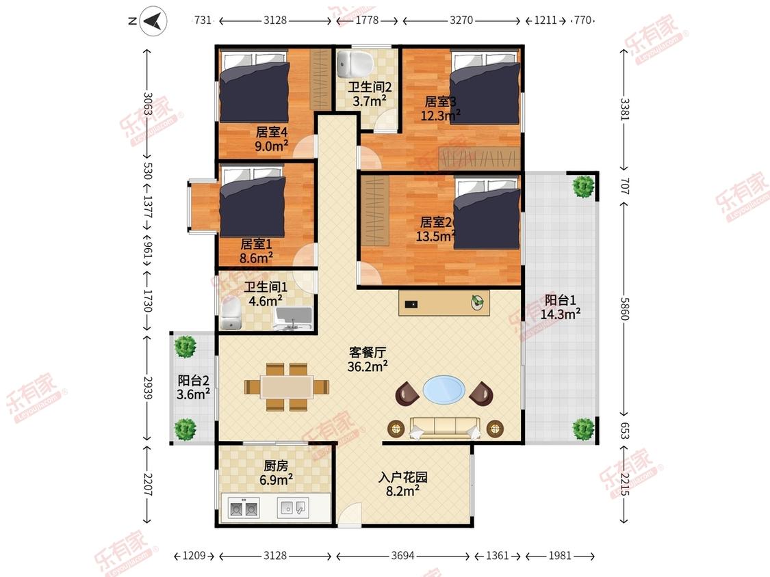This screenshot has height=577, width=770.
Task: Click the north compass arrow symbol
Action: point(153,21)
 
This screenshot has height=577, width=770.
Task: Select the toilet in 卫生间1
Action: point(230,314)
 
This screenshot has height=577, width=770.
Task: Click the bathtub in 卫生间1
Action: point(294,319)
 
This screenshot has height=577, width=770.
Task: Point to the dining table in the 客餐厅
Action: point(287,387)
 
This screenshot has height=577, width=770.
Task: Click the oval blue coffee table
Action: point(444,390)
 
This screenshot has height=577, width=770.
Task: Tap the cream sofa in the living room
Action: point(445,428)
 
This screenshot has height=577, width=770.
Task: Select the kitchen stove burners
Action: point(244,509)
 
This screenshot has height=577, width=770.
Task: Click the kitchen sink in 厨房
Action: point(293,507)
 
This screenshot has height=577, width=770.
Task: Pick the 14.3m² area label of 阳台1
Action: point(561,314)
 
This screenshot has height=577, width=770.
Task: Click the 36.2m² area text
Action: point(368,366)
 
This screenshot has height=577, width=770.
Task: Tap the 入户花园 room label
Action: point(402,477)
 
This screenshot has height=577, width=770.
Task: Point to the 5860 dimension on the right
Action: point(624,308)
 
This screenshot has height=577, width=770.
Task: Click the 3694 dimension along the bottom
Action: point(402,555)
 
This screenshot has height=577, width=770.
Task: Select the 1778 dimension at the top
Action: point(367,20)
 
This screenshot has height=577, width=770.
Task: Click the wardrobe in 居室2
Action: point(375,211)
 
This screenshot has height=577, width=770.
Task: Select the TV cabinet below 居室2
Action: point(444,303)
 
